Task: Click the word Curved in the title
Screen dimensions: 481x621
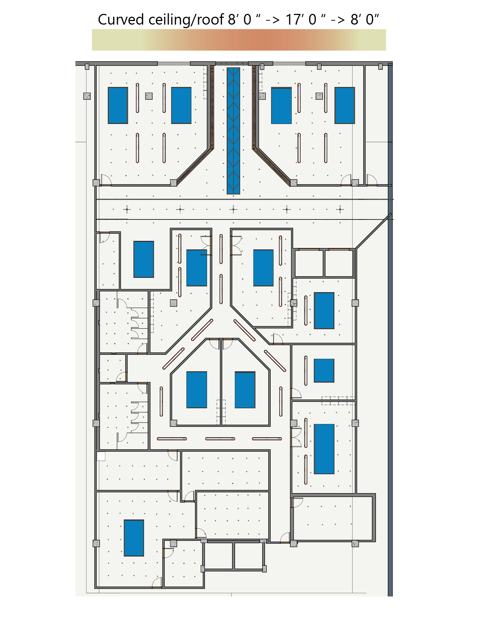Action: pyautogui.click(x=121, y=20)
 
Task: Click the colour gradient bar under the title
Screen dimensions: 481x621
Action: pyautogui.click(x=239, y=40)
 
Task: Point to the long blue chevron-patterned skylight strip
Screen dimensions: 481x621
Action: pyautogui.click(x=233, y=131)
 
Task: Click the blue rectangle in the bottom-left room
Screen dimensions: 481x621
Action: pyautogui.click(x=134, y=538)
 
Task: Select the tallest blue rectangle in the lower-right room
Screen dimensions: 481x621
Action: pyautogui.click(x=324, y=449)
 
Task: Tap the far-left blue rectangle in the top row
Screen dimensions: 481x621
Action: pyautogui.click(x=118, y=105)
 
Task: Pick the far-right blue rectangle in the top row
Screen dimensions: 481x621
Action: pyautogui.click(x=345, y=105)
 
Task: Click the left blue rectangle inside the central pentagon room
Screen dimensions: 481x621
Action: pyautogui.click(x=197, y=390)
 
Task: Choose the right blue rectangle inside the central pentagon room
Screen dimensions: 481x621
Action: pyautogui.click(x=245, y=390)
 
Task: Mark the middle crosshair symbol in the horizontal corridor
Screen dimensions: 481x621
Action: pyautogui.click(x=233, y=209)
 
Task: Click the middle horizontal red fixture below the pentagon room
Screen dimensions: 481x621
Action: pyautogui.click(x=220, y=439)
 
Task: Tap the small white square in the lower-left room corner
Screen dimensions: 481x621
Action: pyautogui.click(x=101, y=456)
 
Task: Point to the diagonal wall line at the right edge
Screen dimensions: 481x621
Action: pyautogui.click(x=373, y=231)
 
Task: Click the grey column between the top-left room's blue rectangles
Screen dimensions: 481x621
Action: pyautogui.click(x=149, y=96)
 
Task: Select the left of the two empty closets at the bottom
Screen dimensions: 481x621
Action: pyautogui.click(x=219, y=556)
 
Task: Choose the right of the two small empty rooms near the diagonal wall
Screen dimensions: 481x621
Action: pyautogui.click(x=339, y=263)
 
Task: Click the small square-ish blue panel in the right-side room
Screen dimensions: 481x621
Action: pyautogui.click(x=324, y=371)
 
